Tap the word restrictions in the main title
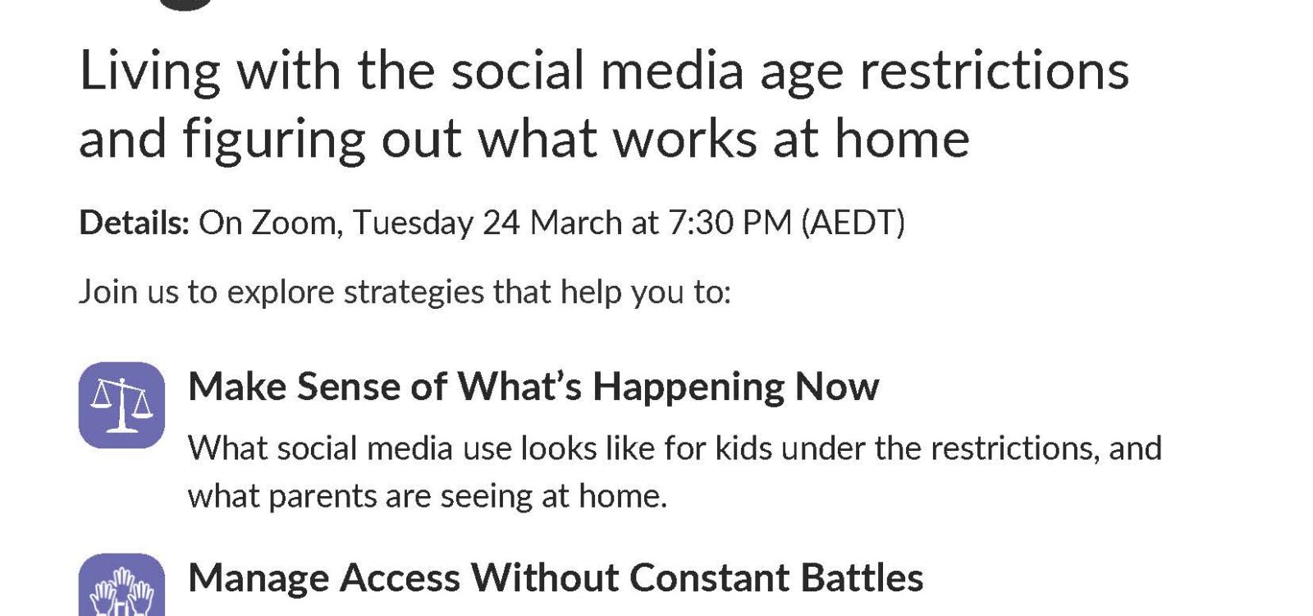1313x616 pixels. pyautogui.click(x=994, y=71)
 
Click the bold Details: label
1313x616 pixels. pyautogui.click(x=135, y=223)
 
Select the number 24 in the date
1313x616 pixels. pyautogui.click(x=501, y=223)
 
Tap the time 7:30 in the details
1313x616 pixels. pyautogui.click(x=700, y=223)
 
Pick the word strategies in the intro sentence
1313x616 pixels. pyautogui.click(x=414, y=292)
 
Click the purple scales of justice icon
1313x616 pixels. pyautogui.click(x=122, y=406)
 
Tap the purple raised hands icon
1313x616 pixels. pyautogui.click(x=122, y=584)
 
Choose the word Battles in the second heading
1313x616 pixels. pyautogui.click(x=862, y=578)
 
